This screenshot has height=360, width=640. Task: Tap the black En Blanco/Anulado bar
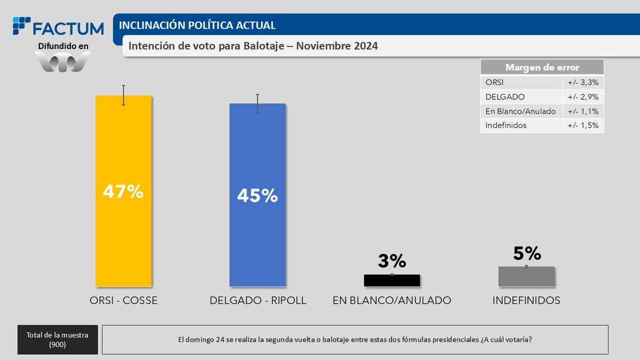click(x=392, y=281)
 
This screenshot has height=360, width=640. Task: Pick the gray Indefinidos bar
click(x=526, y=277)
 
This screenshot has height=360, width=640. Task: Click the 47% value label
click(x=123, y=191)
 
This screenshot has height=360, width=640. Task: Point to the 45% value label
click(x=257, y=196)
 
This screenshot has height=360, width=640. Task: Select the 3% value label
click(x=392, y=261)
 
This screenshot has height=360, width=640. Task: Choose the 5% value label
click(x=526, y=253)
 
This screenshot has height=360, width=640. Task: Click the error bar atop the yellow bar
click(x=123, y=95)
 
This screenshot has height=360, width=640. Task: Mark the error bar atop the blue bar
click(x=257, y=103)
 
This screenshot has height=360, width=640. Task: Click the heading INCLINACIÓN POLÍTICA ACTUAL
click(x=197, y=25)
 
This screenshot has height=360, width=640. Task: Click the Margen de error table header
click(x=542, y=67)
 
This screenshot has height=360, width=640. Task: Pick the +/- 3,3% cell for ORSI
click(x=583, y=83)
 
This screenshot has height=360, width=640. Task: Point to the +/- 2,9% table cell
click(x=583, y=97)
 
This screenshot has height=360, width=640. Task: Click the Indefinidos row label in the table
click(x=506, y=125)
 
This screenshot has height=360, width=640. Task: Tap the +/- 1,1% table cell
click(x=583, y=111)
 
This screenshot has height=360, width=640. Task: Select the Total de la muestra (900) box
click(x=58, y=340)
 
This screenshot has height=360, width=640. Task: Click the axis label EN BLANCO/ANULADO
click(x=392, y=300)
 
